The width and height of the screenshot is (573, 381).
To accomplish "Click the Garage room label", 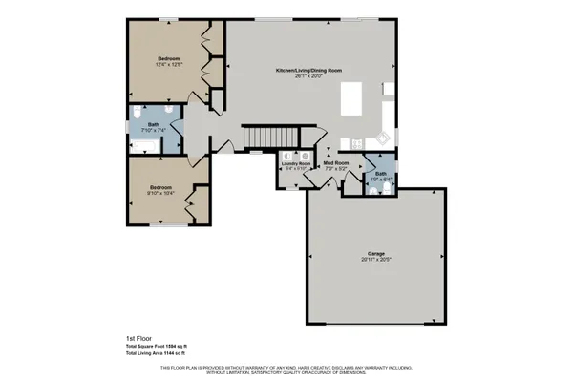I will point(376,253).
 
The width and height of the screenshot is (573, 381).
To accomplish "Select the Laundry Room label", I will point(296,164).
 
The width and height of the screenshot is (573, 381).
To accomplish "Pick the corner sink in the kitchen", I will point(385,136).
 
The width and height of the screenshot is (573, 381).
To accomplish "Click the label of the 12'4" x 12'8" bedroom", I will point(169,58).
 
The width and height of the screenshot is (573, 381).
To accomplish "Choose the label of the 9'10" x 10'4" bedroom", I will point(159,187).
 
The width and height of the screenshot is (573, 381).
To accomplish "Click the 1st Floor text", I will point(139,338).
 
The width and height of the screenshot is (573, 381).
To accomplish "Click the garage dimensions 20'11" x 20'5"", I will point(376,259).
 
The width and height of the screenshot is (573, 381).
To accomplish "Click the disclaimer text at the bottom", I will point(286,369).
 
